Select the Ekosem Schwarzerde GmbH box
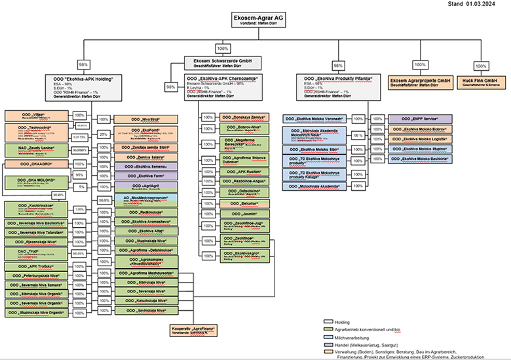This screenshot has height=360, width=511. (x=219, y=62)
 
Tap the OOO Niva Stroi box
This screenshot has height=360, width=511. (x=145, y=119)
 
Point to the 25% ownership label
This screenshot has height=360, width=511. (x=103, y=134)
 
